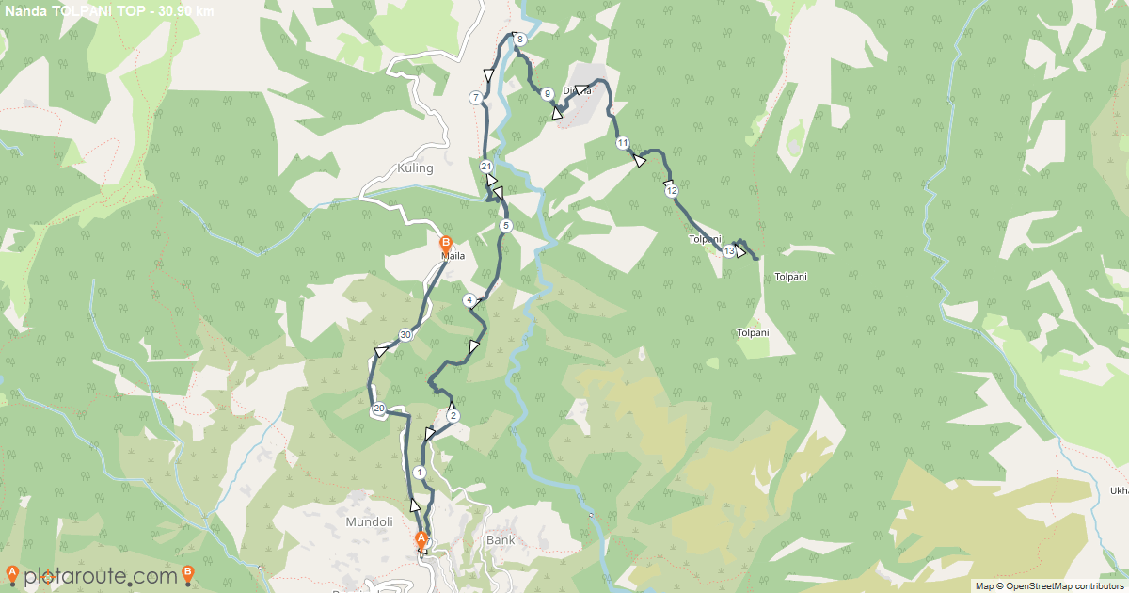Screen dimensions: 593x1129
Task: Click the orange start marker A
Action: [x=421, y=539]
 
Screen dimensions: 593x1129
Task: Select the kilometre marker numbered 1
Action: [x=419, y=473]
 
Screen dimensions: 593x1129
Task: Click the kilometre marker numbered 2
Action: [x=453, y=416]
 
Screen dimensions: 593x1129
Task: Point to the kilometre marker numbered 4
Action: [x=469, y=300]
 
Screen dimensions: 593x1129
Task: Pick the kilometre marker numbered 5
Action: [x=505, y=226]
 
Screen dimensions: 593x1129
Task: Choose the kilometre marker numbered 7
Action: [x=476, y=97]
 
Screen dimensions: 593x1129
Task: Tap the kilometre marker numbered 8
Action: [x=519, y=39]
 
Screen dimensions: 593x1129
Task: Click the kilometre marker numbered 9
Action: [x=547, y=93]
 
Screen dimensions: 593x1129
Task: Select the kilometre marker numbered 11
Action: [x=623, y=143]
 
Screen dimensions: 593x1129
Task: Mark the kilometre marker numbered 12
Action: [x=671, y=191]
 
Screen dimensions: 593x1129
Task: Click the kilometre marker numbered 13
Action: [x=729, y=251]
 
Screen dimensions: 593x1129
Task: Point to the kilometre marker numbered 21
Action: [x=486, y=167]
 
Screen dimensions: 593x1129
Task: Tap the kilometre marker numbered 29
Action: [x=378, y=409]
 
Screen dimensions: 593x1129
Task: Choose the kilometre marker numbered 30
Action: [x=405, y=335]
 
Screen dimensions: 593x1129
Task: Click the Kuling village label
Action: [x=415, y=169]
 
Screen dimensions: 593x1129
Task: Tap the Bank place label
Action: [x=501, y=540]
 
